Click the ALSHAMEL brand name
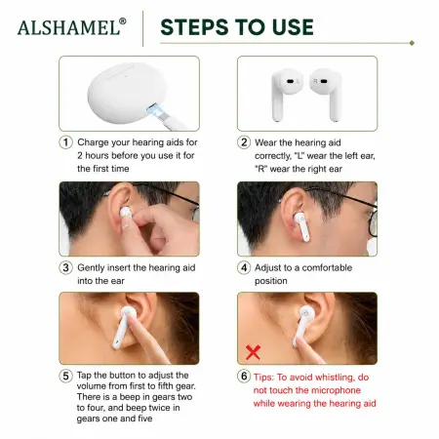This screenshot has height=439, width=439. (68, 27)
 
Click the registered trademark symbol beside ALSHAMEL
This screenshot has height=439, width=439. (123, 21)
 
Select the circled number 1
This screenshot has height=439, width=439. (65, 142)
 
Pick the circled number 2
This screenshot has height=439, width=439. (244, 142)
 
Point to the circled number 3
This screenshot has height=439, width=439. (65, 268)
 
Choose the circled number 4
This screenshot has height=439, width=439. (244, 268)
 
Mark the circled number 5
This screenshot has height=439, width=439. (65, 376)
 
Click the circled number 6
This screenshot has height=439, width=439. (244, 377)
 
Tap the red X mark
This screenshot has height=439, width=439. (253, 352)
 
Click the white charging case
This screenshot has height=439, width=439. (126, 93)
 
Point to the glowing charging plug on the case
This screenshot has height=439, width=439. (156, 110)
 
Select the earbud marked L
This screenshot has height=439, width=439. (286, 95)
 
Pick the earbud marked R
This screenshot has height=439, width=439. (327, 95)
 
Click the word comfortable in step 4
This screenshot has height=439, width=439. (327, 267)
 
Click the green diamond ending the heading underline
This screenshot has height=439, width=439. (412, 43)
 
